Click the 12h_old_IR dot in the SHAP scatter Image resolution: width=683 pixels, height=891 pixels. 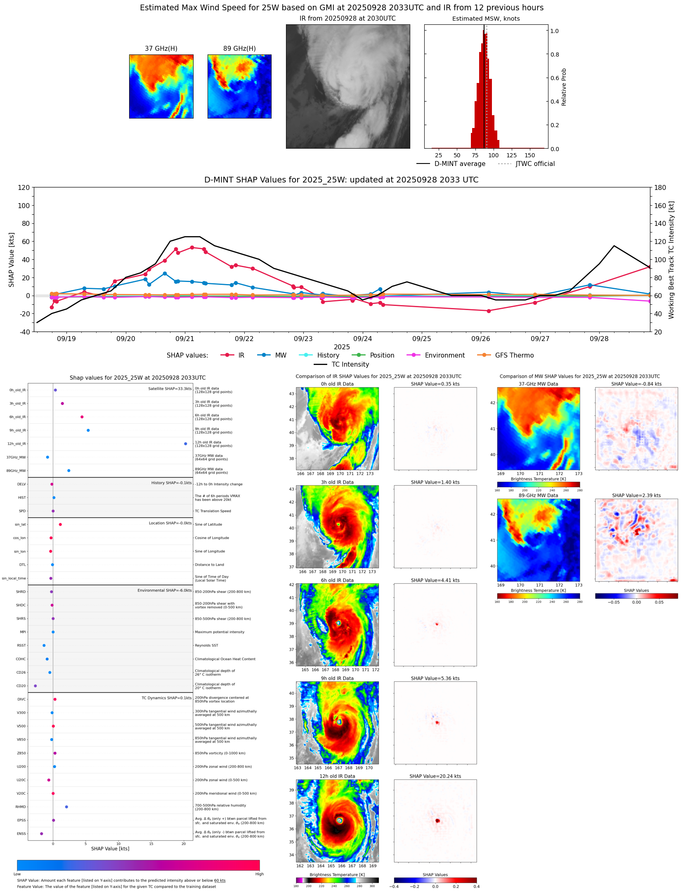(x=185, y=443)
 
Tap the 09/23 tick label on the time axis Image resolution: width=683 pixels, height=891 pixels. (x=303, y=339)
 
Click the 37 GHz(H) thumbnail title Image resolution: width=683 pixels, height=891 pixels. (x=161, y=48)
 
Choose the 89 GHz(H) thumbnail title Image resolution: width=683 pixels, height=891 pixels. (x=239, y=48)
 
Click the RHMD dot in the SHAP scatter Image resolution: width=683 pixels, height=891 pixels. (x=66, y=806)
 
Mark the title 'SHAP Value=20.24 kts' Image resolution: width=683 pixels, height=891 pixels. (x=435, y=776)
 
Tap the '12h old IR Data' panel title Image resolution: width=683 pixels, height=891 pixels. (x=337, y=776)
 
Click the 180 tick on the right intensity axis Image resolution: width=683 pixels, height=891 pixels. (x=660, y=187)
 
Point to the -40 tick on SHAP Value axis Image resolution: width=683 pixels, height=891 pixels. (x=24, y=332)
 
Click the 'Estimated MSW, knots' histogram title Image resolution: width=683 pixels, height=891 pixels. (x=486, y=19)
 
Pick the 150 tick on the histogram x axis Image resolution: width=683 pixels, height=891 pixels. (x=529, y=155)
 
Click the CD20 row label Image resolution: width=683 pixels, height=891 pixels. (x=21, y=686)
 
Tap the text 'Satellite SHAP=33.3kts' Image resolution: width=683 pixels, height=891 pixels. (x=170, y=389)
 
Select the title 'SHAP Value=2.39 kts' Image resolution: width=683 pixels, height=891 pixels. (x=636, y=495)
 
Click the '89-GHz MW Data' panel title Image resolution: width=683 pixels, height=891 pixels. (x=538, y=495)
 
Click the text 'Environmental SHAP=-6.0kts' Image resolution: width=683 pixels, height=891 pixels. (x=164, y=590)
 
